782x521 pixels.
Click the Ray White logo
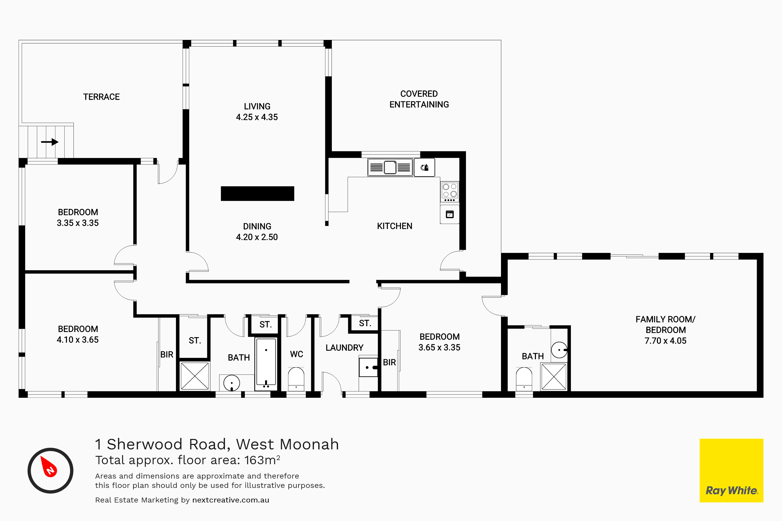(x=731, y=470)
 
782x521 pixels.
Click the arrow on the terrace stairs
(x=50, y=142)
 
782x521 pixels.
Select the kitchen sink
(x=390, y=167)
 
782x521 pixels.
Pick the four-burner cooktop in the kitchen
(x=449, y=192)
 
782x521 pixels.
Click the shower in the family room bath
(x=554, y=376)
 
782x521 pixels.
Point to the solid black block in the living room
(x=257, y=193)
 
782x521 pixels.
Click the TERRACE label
(x=101, y=97)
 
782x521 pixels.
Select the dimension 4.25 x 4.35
(x=257, y=117)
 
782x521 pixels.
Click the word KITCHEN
(x=395, y=226)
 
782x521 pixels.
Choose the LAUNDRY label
(x=344, y=348)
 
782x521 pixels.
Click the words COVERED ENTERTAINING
(x=419, y=99)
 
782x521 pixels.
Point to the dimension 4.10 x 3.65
(x=77, y=340)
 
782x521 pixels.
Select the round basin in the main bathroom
(x=232, y=383)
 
